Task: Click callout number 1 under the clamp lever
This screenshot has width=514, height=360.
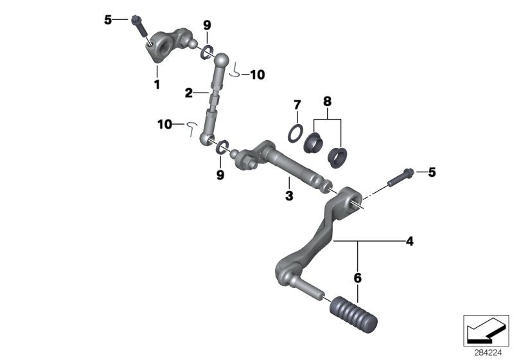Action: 156,84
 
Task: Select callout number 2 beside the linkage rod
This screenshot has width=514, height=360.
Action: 189,93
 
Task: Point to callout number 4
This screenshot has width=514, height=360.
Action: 409,242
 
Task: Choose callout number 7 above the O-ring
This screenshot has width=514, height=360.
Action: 297,105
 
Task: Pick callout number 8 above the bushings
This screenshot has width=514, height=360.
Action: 327,101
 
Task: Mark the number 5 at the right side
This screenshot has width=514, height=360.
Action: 432,172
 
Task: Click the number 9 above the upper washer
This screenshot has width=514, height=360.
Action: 207,25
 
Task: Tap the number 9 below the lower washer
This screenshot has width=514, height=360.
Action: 220,174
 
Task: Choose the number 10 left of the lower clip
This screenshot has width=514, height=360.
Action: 164,123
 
